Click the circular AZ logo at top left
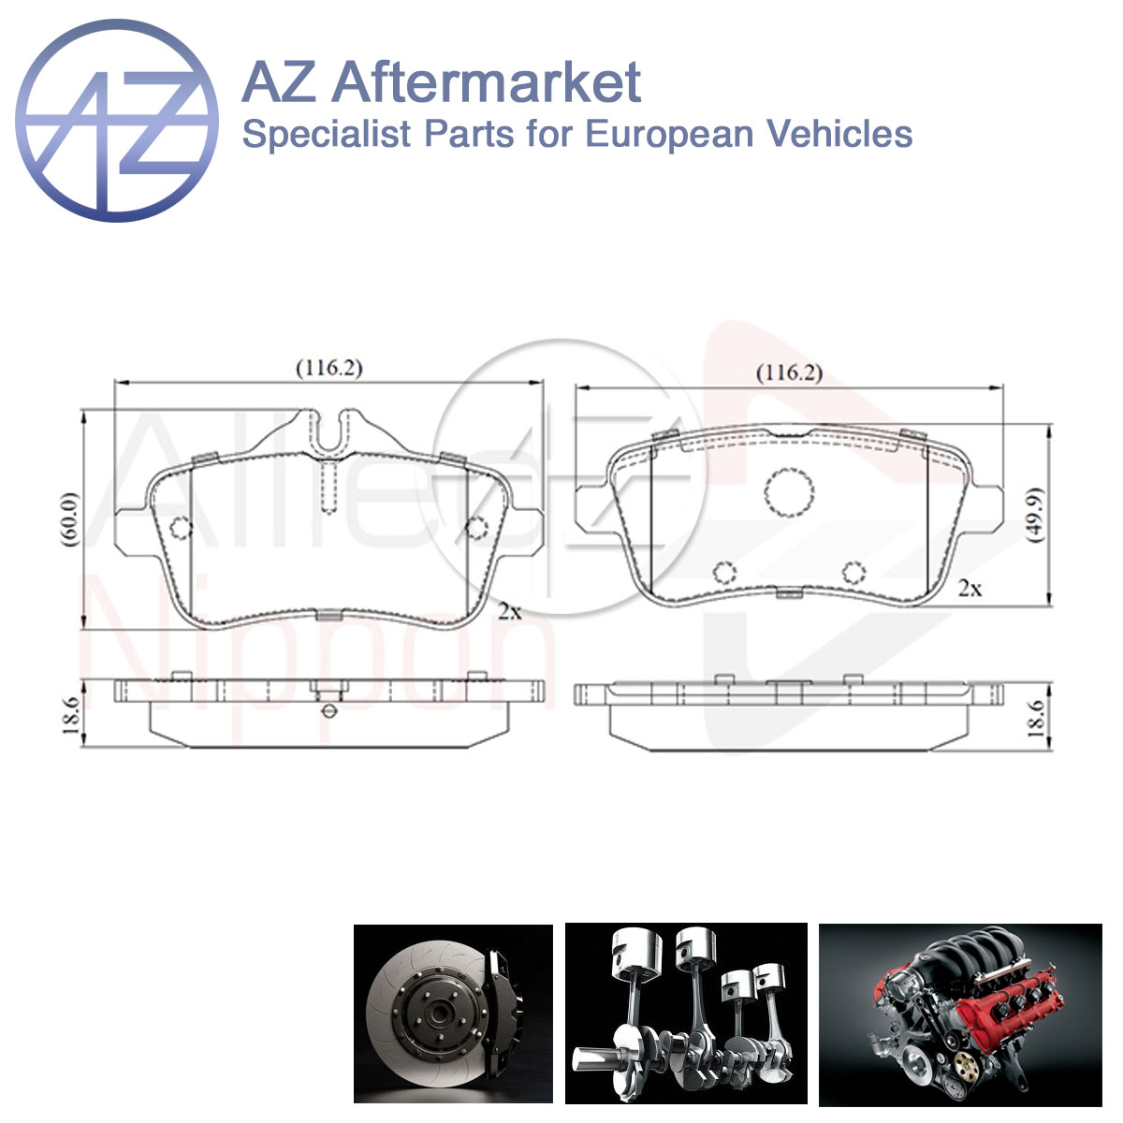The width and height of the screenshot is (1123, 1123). pyautogui.click(x=117, y=121)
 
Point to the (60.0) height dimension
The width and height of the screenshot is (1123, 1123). pyautogui.click(x=70, y=519)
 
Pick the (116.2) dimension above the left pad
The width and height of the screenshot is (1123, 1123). pyautogui.click(x=329, y=369)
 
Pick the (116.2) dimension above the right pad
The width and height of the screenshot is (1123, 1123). pyautogui.click(x=789, y=373)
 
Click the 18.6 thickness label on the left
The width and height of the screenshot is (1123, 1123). pyautogui.click(x=70, y=715)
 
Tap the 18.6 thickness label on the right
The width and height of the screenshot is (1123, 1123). pyautogui.click(x=1036, y=719)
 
